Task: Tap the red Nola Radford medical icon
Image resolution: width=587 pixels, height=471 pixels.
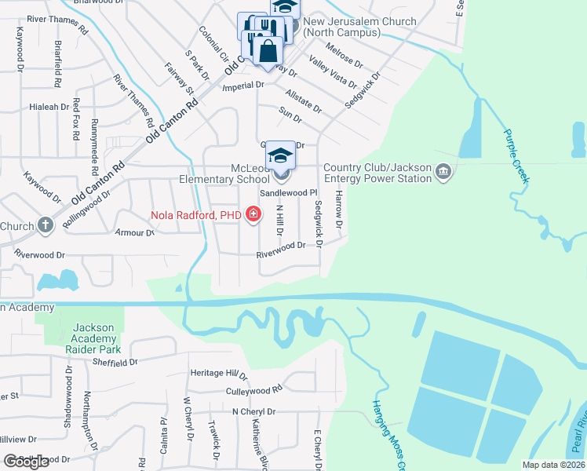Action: pos(253,214)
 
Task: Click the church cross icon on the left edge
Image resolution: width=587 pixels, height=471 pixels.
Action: pos(46,226)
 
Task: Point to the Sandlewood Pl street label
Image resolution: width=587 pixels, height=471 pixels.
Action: pos(288,192)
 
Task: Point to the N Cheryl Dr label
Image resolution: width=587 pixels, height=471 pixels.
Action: pos(253,411)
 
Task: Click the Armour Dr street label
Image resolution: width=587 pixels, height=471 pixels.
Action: pos(135,233)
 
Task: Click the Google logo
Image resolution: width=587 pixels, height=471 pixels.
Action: pos(26,461)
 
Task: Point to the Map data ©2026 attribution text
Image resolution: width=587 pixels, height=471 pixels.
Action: pos(553,465)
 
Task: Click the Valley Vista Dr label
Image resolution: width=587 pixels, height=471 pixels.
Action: pos(333,73)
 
